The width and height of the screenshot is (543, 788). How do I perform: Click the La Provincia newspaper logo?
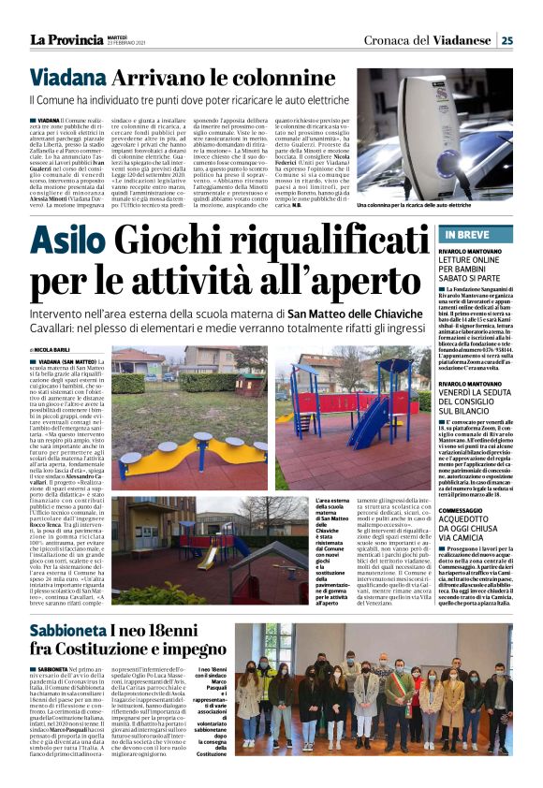[65, 39]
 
